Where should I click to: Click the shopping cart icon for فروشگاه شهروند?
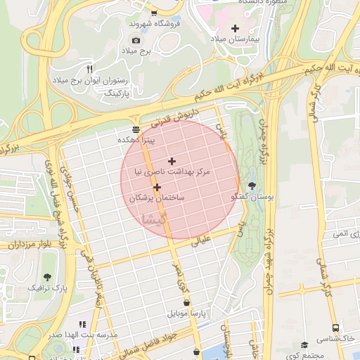point(154,13)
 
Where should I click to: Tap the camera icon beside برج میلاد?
point(136,40)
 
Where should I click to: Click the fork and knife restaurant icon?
point(89,69)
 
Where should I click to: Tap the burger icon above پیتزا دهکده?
point(135,128)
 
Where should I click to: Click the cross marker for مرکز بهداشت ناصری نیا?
point(172,161)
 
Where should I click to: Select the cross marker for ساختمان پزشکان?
point(157,187)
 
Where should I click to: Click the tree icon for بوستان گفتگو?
point(252,186)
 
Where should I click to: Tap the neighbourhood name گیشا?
point(154,219)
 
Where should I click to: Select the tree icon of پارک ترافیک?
point(48,277)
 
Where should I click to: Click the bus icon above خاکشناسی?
point(335,328)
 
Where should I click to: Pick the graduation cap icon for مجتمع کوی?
point(304,345)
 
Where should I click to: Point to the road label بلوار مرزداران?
point(27,245)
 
